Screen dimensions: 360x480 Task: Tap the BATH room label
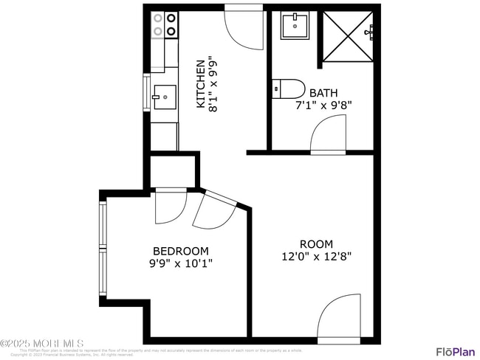pos(323,93)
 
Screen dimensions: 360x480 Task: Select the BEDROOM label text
pos(180,251)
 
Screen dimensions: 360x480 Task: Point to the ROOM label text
pos(316,244)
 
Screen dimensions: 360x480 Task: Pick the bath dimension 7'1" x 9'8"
pos(323,105)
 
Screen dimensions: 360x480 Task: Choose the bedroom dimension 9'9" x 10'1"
pos(180,263)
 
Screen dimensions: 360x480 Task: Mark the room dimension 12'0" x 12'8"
pos(316,257)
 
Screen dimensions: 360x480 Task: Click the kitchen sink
pos(164,96)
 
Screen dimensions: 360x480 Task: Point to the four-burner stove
pos(164,24)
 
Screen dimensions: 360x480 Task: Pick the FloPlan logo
pos(454,350)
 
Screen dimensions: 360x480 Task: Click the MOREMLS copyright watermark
pos(42,344)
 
